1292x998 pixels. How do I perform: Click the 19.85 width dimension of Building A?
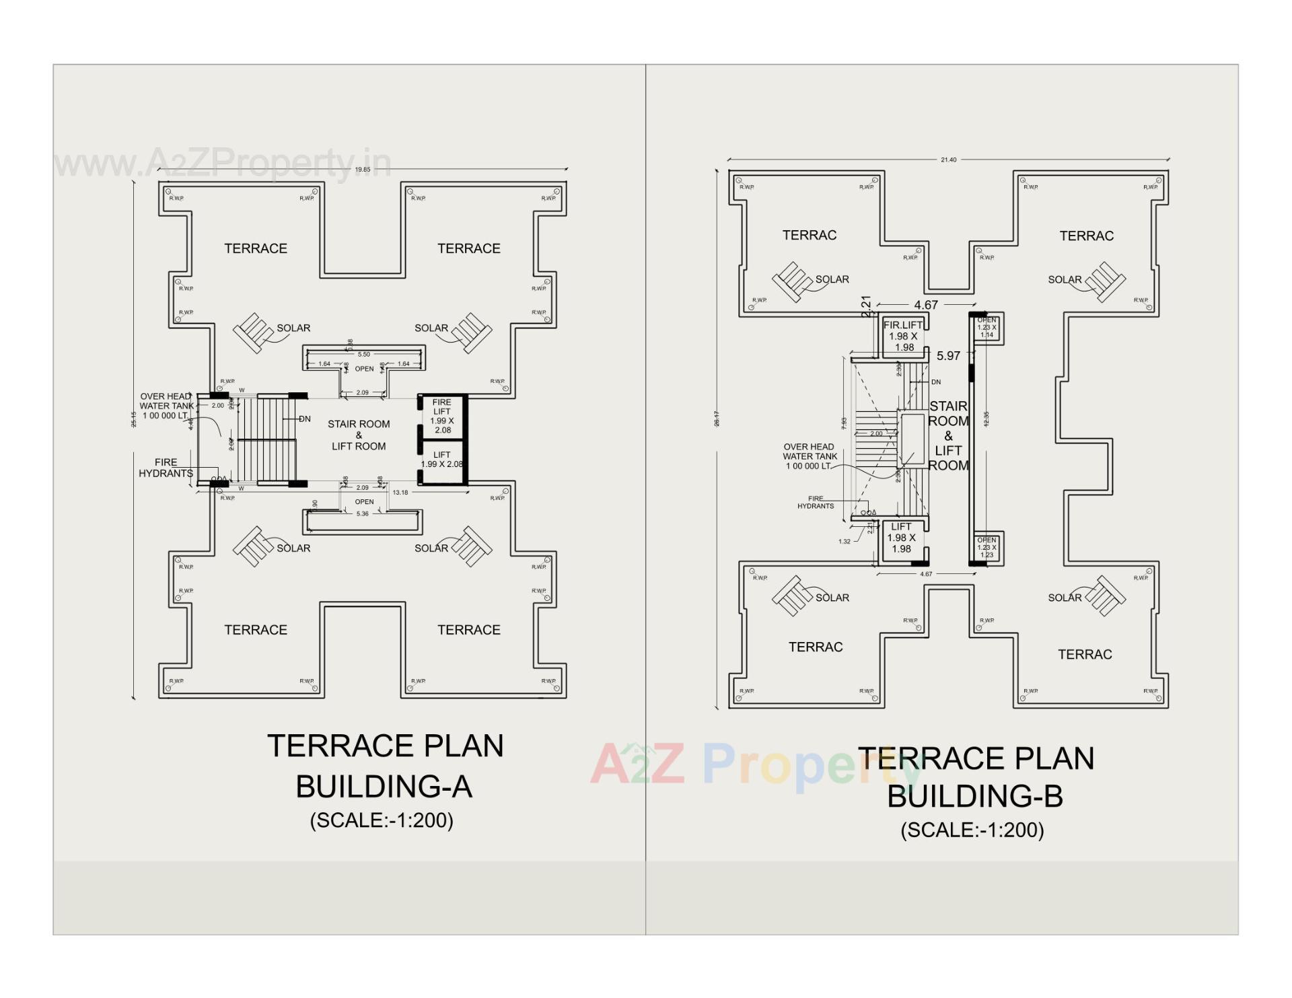(x=363, y=170)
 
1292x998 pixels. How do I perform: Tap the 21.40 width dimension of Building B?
(x=948, y=160)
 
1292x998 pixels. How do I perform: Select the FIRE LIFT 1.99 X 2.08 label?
(x=442, y=417)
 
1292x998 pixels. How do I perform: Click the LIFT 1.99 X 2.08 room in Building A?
(x=442, y=460)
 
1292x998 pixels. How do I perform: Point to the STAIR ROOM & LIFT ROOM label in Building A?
(x=359, y=435)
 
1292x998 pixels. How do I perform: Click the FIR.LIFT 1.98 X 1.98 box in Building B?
(x=903, y=336)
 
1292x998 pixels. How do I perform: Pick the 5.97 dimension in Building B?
(x=948, y=356)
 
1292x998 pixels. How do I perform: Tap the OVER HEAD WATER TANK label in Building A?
(x=166, y=406)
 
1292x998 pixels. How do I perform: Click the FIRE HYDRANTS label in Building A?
(x=166, y=468)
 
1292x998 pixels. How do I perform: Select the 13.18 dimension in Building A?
(x=400, y=493)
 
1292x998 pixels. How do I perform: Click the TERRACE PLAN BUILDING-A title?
(x=385, y=766)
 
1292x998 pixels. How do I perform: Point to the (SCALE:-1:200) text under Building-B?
(x=972, y=830)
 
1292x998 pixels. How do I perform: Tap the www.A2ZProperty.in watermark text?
(x=222, y=163)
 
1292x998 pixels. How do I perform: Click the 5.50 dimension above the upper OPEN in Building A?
(x=364, y=355)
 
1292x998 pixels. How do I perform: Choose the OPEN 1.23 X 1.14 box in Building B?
(x=986, y=328)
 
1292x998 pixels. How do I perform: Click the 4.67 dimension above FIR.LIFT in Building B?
(x=926, y=305)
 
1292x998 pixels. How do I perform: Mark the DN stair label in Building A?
(x=305, y=419)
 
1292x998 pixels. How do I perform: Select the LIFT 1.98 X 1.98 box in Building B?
(x=902, y=538)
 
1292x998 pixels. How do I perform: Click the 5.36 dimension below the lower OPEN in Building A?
(x=363, y=514)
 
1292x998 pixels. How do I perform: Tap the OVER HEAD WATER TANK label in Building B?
(x=810, y=456)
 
